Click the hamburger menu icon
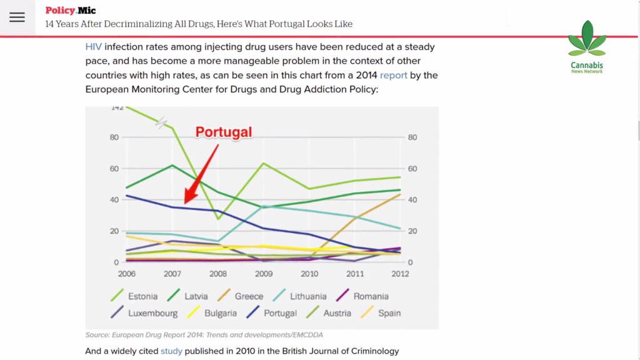coord(17,17)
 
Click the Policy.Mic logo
coord(71,11)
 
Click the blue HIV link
coord(94,47)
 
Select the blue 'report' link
coord(394,75)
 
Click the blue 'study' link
coord(171,351)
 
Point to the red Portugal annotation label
coord(224,132)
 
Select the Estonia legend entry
coord(134,296)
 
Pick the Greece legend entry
coord(240,296)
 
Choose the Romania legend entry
coord(362,296)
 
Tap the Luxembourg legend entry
coord(144,313)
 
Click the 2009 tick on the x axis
coord(264,274)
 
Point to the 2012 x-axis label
coord(400,274)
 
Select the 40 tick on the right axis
coord(412,200)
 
